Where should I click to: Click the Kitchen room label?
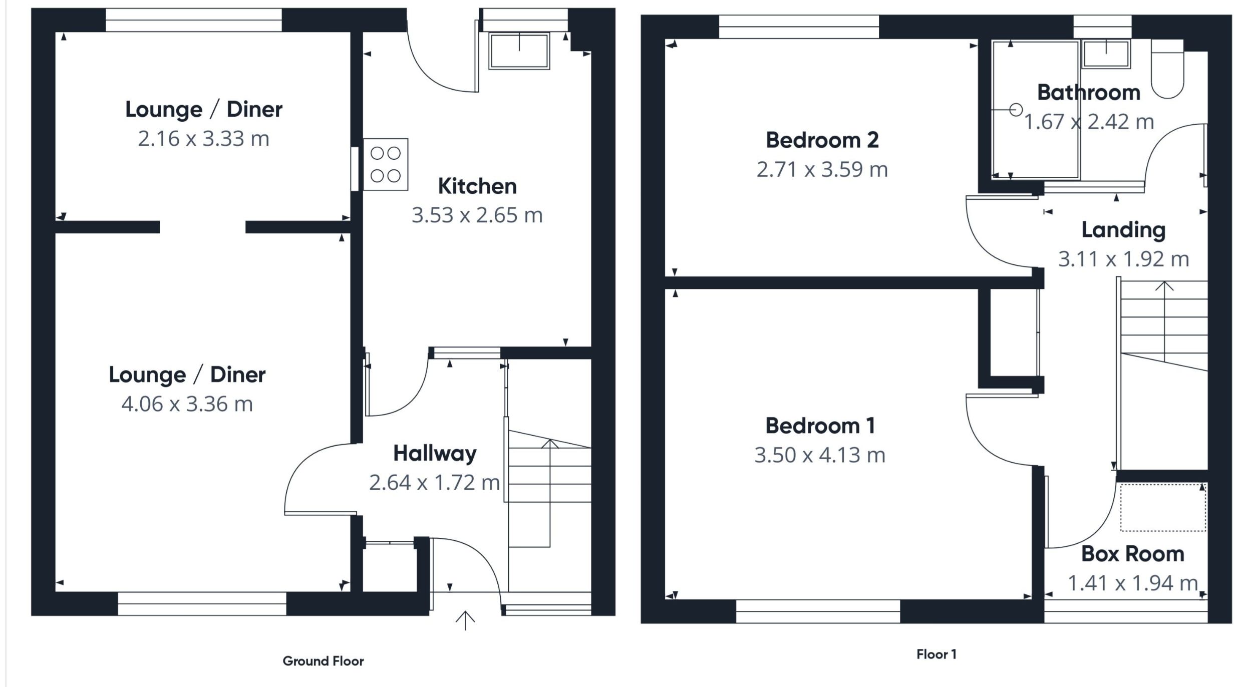click(477, 186)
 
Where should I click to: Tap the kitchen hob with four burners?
click(385, 164)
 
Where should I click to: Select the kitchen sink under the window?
click(519, 51)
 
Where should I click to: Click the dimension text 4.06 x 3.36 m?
click(187, 404)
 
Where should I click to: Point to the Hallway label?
click(435, 454)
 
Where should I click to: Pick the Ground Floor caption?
click(323, 661)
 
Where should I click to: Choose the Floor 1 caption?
click(936, 654)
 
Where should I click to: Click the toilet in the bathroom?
click(1167, 75)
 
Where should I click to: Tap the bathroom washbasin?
click(1106, 54)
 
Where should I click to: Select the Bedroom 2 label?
click(822, 140)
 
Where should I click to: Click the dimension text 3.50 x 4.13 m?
click(820, 455)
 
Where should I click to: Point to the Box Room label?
click(1132, 554)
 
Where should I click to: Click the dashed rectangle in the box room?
click(1163, 507)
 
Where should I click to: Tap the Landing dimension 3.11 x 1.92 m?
click(1123, 259)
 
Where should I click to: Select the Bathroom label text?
click(1088, 93)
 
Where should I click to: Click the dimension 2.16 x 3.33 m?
click(203, 139)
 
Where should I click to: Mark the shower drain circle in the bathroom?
click(1016, 110)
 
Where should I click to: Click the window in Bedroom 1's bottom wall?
click(817, 611)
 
